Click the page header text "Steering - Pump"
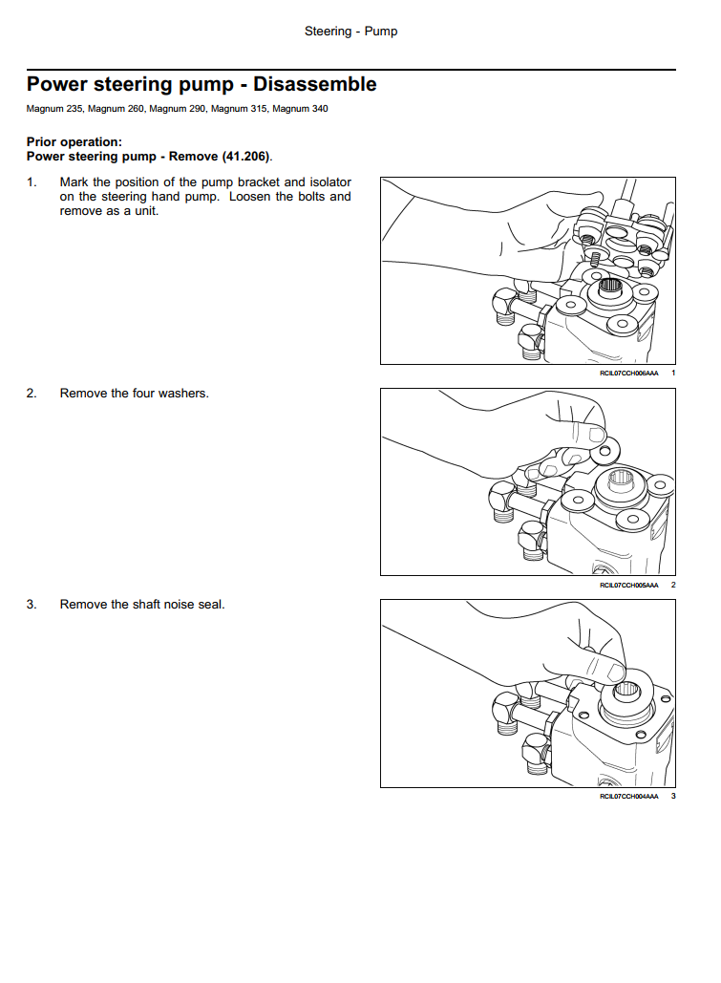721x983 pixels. [350, 32]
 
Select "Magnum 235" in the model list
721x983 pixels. [54, 109]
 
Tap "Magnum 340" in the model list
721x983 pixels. [300, 109]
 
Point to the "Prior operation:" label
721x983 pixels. [74, 142]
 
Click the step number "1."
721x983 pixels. [32, 182]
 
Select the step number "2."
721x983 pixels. [32, 393]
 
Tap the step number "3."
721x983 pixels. [32, 604]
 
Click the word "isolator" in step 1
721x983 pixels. [329, 182]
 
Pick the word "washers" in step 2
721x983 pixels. [181, 393]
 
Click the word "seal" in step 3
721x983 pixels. [211, 604]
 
